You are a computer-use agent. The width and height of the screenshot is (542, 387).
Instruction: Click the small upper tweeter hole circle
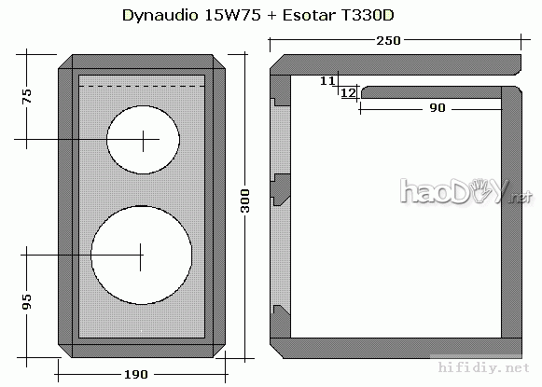click(x=143, y=141)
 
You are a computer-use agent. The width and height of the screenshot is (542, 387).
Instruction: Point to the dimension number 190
click(x=136, y=374)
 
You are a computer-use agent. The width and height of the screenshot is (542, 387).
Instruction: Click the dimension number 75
click(x=27, y=97)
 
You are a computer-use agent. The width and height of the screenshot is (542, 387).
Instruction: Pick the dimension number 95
click(x=27, y=301)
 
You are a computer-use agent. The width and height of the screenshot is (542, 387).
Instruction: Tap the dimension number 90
click(x=437, y=108)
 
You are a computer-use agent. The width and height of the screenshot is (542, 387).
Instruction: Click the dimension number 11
click(x=327, y=81)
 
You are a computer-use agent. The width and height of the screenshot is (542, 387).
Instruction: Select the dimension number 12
click(x=347, y=93)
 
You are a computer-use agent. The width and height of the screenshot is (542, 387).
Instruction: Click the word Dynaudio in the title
click(x=155, y=16)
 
